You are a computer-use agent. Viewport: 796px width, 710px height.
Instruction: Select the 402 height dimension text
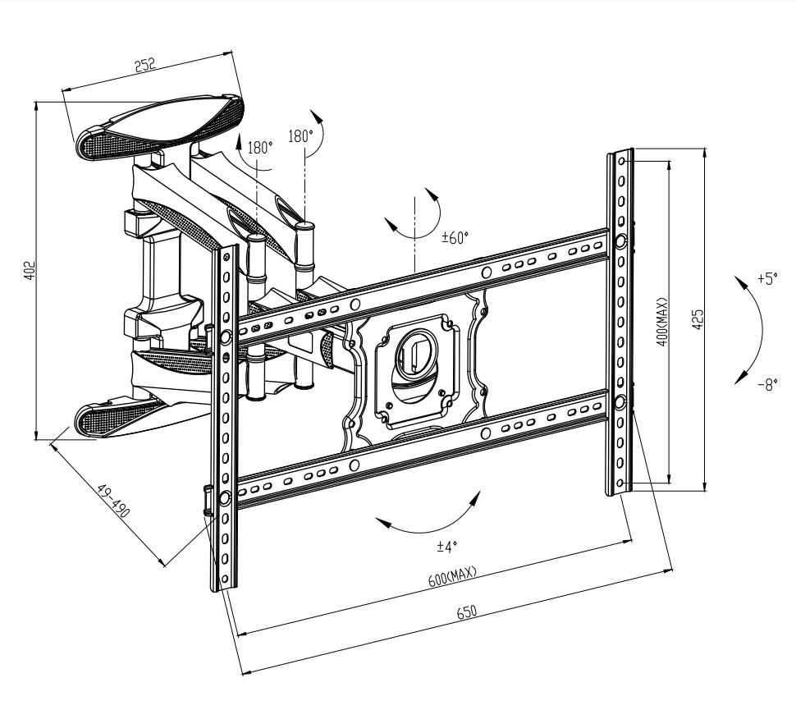point(29,270)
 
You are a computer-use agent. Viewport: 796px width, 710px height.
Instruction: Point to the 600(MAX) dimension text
point(452,576)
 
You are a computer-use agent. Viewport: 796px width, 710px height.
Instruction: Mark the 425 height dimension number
point(698,319)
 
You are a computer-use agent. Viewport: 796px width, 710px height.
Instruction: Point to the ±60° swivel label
point(455,239)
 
